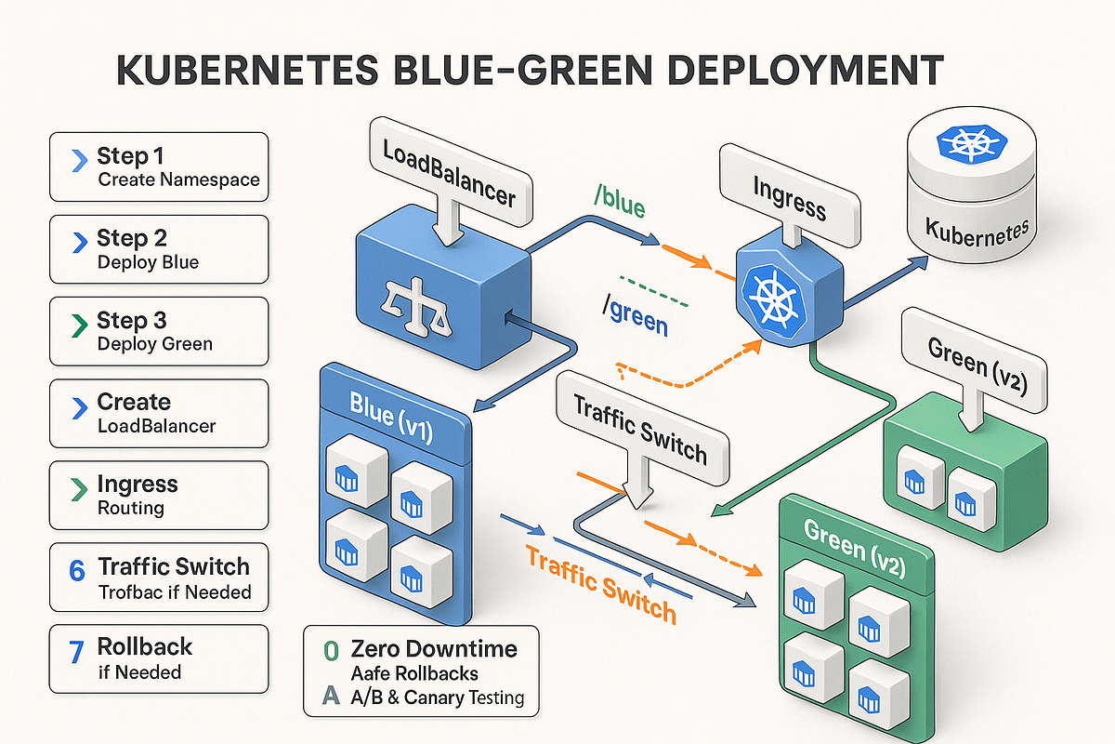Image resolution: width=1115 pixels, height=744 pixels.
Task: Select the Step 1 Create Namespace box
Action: pos(159,166)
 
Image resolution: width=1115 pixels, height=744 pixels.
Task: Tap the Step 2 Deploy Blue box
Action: pos(159,249)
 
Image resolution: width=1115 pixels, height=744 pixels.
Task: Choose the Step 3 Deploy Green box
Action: pos(159,331)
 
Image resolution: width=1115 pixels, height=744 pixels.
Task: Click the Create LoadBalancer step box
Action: pos(159,413)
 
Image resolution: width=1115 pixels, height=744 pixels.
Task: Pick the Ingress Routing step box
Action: pos(159,495)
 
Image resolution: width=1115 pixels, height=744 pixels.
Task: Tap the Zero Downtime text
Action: pos(433,648)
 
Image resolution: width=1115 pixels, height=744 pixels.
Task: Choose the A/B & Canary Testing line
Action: pos(438,697)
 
